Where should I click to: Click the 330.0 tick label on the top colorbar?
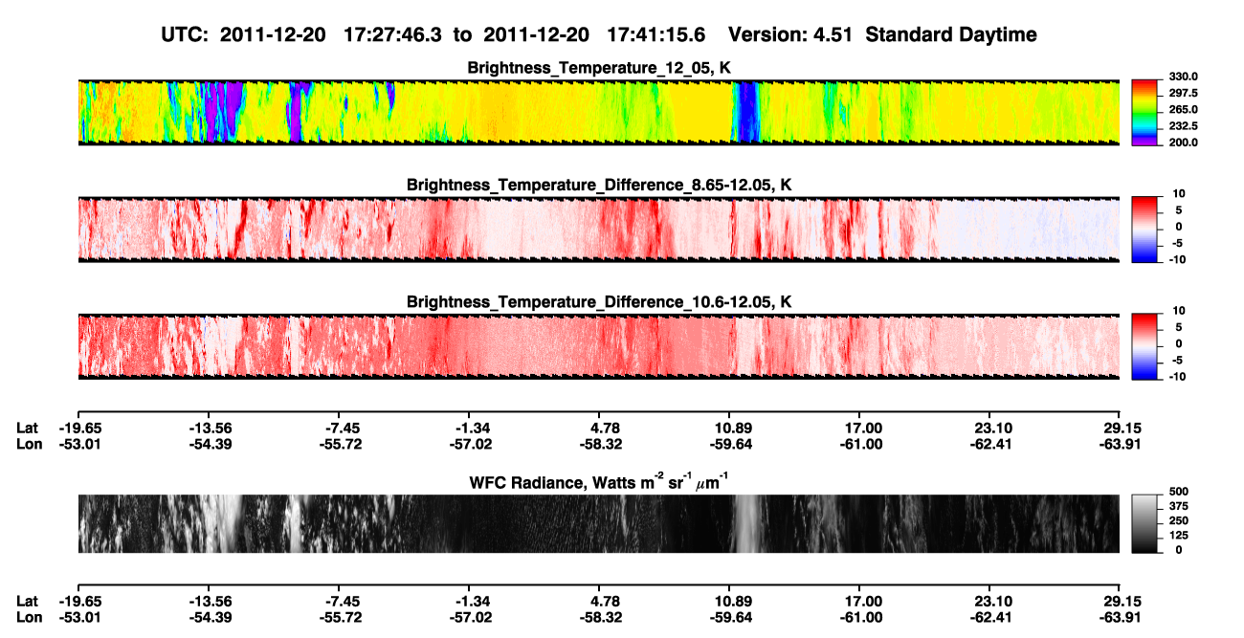(1183, 77)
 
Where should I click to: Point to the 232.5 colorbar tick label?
(1183, 126)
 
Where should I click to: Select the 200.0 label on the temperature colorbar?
(1183, 143)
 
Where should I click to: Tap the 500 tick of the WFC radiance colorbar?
(1179, 492)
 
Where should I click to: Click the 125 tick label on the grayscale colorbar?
(1179, 536)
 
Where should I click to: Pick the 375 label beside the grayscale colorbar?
(1179, 506)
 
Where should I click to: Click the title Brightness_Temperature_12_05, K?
(599, 68)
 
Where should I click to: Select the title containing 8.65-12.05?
(599, 185)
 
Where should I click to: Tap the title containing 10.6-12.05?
(599, 302)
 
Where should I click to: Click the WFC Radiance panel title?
(599, 482)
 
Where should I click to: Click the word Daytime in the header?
(993, 35)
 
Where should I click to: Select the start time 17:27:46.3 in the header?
(392, 34)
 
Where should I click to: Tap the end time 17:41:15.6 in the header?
(655, 34)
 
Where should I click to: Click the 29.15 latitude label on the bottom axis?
(1120, 602)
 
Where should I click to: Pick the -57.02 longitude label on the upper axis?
(471, 444)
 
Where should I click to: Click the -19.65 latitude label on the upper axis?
(80, 429)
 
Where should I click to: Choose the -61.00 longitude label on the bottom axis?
(861, 618)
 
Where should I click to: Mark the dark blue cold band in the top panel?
(748, 112)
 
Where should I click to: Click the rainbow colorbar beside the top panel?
(1144, 113)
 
